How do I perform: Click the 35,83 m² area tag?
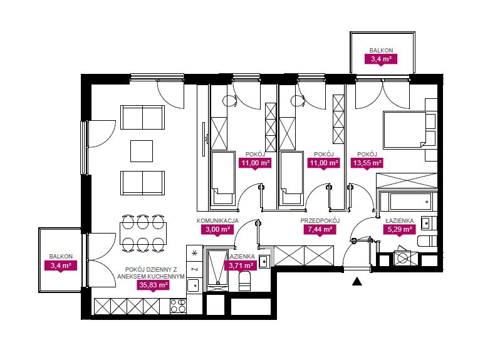[153, 285]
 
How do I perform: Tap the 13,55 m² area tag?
[367, 163]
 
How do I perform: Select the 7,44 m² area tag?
[320, 229]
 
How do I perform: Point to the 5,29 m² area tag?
[399, 229]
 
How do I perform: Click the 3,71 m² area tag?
[241, 265]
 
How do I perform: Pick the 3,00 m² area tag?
[217, 229]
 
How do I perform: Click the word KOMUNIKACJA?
[217, 221]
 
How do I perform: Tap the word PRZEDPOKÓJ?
[320, 220]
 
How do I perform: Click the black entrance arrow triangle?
[357, 282]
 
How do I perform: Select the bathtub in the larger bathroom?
[409, 202]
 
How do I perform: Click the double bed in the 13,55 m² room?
[405, 130]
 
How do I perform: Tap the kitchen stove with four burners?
[178, 306]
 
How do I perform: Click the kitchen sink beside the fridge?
[193, 286]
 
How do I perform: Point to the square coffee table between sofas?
[142, 151]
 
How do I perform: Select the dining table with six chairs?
[143, 233]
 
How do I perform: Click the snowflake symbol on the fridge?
[194, 253]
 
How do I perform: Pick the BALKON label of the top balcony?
[381, 50]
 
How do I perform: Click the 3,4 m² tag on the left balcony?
[61, 265]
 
